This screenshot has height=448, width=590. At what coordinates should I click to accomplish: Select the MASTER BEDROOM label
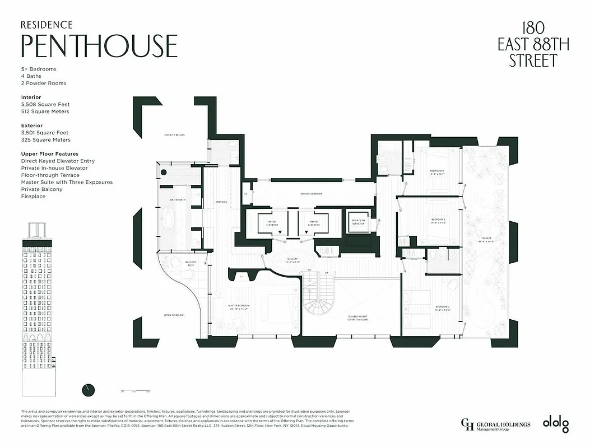239,307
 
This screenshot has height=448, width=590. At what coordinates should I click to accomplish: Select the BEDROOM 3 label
438,221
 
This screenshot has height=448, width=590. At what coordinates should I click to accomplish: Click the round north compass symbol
88,389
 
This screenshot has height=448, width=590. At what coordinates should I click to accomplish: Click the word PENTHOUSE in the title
99,46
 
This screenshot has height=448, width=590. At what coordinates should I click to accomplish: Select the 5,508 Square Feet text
45,104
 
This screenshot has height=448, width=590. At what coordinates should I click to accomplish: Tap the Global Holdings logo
495,425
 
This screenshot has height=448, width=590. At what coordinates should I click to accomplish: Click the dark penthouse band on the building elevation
38,242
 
